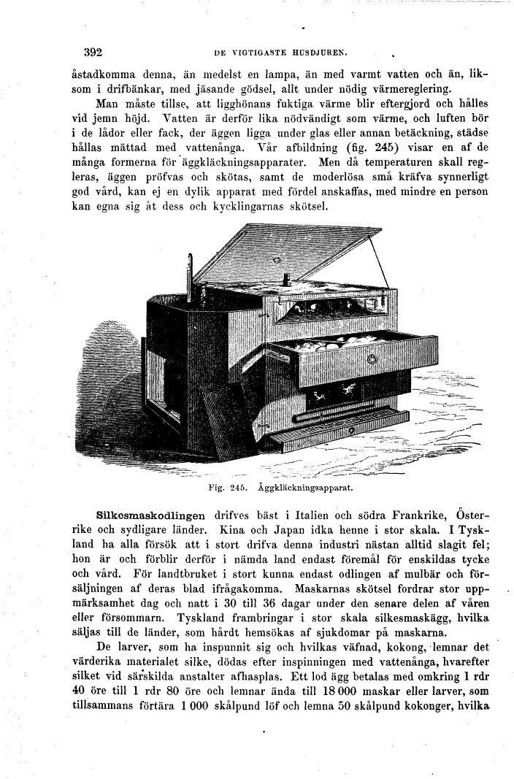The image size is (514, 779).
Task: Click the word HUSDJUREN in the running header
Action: (x=315, y=53)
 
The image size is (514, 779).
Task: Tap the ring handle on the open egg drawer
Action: (x=370, y=358)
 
